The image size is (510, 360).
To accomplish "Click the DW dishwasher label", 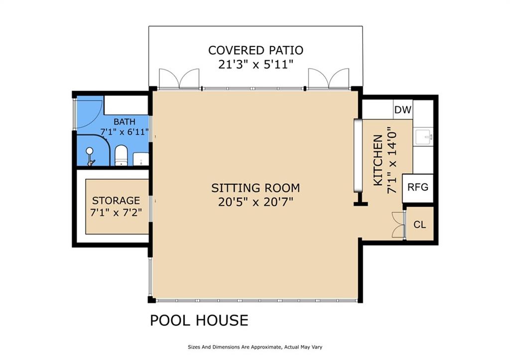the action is [x=402, y=110].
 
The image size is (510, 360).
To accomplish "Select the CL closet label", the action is [x=419, y=225].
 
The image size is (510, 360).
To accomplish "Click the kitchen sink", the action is [x=423, y=136].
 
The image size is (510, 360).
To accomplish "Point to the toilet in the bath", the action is [x=121, y=155].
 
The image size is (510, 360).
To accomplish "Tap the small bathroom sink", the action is [x=141, y=159].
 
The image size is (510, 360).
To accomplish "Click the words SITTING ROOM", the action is [x=255, y=188].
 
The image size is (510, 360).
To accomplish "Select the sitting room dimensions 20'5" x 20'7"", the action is [x=255, y=202].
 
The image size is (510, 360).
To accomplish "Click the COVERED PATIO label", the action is [x=255, y=50].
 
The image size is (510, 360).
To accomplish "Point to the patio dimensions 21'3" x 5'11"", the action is [x=255, y=65].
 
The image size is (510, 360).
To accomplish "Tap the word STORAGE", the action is [x=116, y=200].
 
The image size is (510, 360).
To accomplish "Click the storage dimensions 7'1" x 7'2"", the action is [x=116, y=213].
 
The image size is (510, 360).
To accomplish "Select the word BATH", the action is [x=125, y=122].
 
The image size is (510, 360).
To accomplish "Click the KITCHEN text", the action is [x=378, y=161].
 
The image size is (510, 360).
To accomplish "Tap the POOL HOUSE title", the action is [x=199, y=320].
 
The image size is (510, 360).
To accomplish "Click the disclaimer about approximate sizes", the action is [x=255, y=347].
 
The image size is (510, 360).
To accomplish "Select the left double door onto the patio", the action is [x=179, y=78].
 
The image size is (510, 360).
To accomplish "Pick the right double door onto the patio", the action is [x=329, y=78].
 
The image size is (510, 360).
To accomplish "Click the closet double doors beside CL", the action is [x=398, y=225].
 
